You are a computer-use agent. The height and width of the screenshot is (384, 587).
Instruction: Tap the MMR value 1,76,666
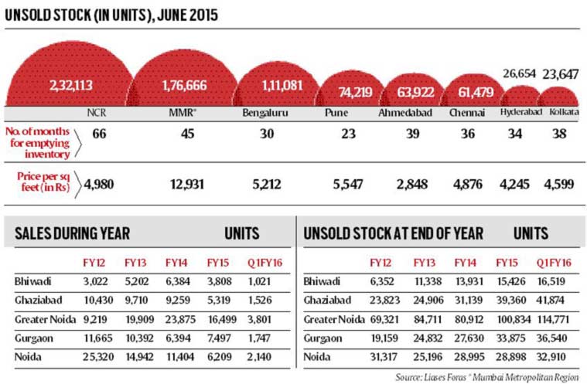[182, 85]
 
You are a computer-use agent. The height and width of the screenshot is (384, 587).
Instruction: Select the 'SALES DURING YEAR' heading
[72, 233]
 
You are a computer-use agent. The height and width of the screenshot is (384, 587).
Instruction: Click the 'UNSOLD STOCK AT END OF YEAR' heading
[394, 233]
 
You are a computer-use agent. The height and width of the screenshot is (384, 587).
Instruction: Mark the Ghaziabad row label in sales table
[35, 298]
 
